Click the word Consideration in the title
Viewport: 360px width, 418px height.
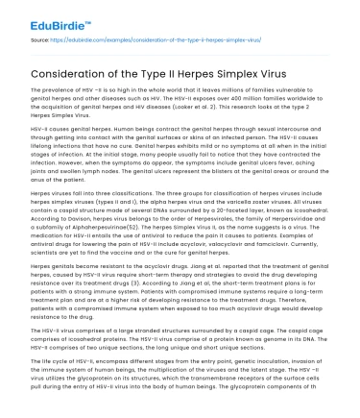click(x=78, y=72)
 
